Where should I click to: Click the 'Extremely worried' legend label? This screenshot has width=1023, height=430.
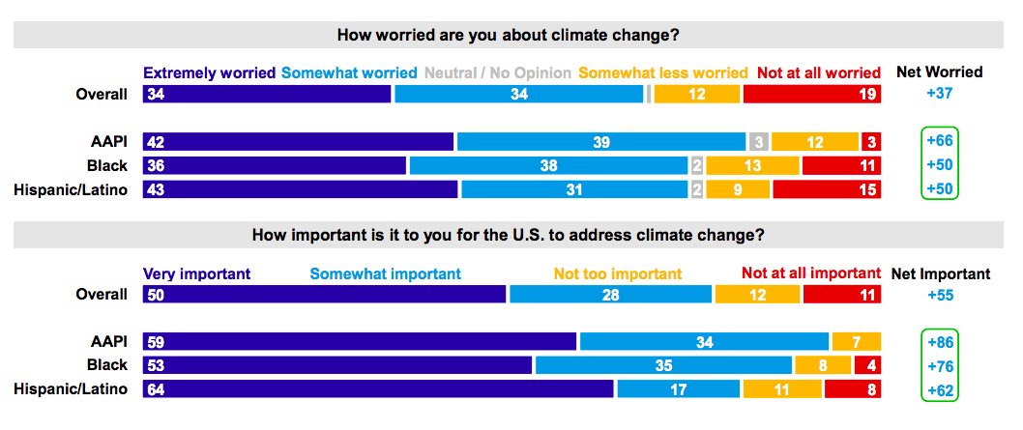tap(209, 72)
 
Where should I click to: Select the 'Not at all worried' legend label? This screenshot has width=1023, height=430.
tap(818, 72)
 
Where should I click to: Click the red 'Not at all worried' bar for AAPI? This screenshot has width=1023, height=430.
tap(871, 142)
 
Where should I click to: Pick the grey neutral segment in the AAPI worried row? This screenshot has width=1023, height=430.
tap(759, 142)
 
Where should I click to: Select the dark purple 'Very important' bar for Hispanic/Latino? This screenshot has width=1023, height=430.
tap(377, 389)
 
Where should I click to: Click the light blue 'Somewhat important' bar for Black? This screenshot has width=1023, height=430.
tap(663, 365)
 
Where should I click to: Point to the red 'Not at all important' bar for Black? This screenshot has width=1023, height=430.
tap(866, 365)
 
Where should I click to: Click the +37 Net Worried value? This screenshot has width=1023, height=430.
tap(940, 95)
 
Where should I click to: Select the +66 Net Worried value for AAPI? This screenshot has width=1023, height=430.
tap(940, 142)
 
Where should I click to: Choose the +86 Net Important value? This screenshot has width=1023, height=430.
tap(940, 341)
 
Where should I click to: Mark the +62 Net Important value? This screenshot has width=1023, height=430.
tap(940, 389)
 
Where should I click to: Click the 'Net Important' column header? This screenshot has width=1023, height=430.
tap(940, 273)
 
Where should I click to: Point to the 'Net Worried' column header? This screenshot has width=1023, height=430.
tap(940, 72)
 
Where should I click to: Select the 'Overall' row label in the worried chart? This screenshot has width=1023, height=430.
tap(102, 95)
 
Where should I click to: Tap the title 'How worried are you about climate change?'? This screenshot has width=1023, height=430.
tap(508, 35)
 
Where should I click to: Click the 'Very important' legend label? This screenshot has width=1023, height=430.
tap(196, 273)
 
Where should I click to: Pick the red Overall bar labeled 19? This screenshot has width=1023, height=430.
tap(811, 95)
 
